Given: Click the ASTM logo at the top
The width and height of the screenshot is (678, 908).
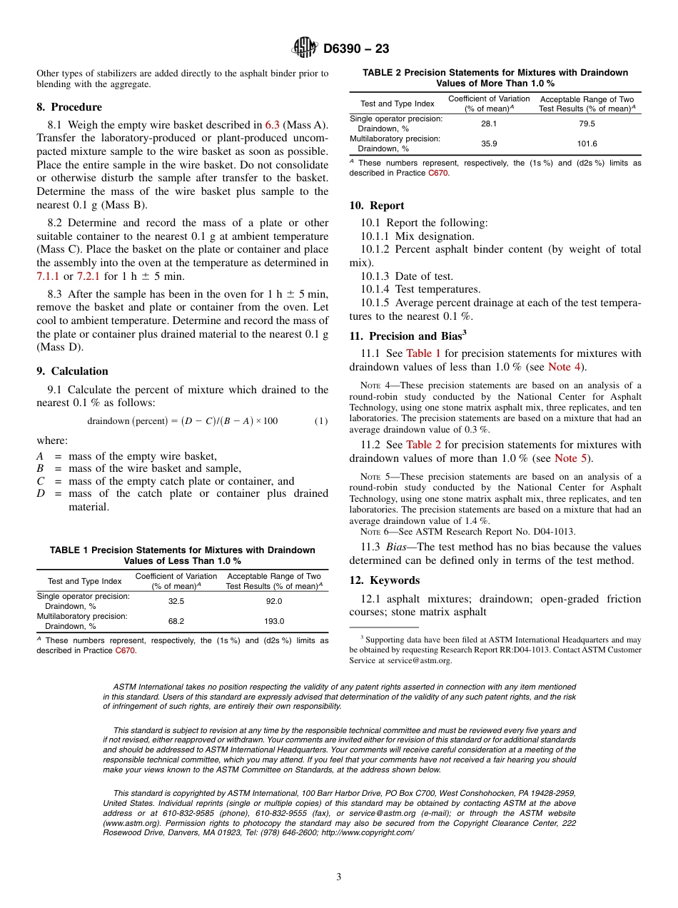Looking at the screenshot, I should (305, 48).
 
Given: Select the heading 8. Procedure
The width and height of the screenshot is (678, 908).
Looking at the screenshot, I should (69, 107).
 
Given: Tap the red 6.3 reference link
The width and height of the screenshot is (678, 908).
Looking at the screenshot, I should (272, 125).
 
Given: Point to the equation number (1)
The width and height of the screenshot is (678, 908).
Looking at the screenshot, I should (321, 420).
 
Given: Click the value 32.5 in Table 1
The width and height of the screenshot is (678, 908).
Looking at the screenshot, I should (176, 601).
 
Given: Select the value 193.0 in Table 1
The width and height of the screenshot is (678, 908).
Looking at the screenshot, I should (274, 621).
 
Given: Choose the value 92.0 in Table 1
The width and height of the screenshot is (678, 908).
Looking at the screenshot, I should (274, 601).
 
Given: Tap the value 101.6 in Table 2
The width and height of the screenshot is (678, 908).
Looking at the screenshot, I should (587, 143).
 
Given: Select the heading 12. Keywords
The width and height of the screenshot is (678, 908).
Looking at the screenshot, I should (384, 580).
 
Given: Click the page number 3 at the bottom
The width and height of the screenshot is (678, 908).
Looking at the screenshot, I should (339, 877).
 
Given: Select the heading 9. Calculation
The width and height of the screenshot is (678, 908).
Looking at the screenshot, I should (72, 371).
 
